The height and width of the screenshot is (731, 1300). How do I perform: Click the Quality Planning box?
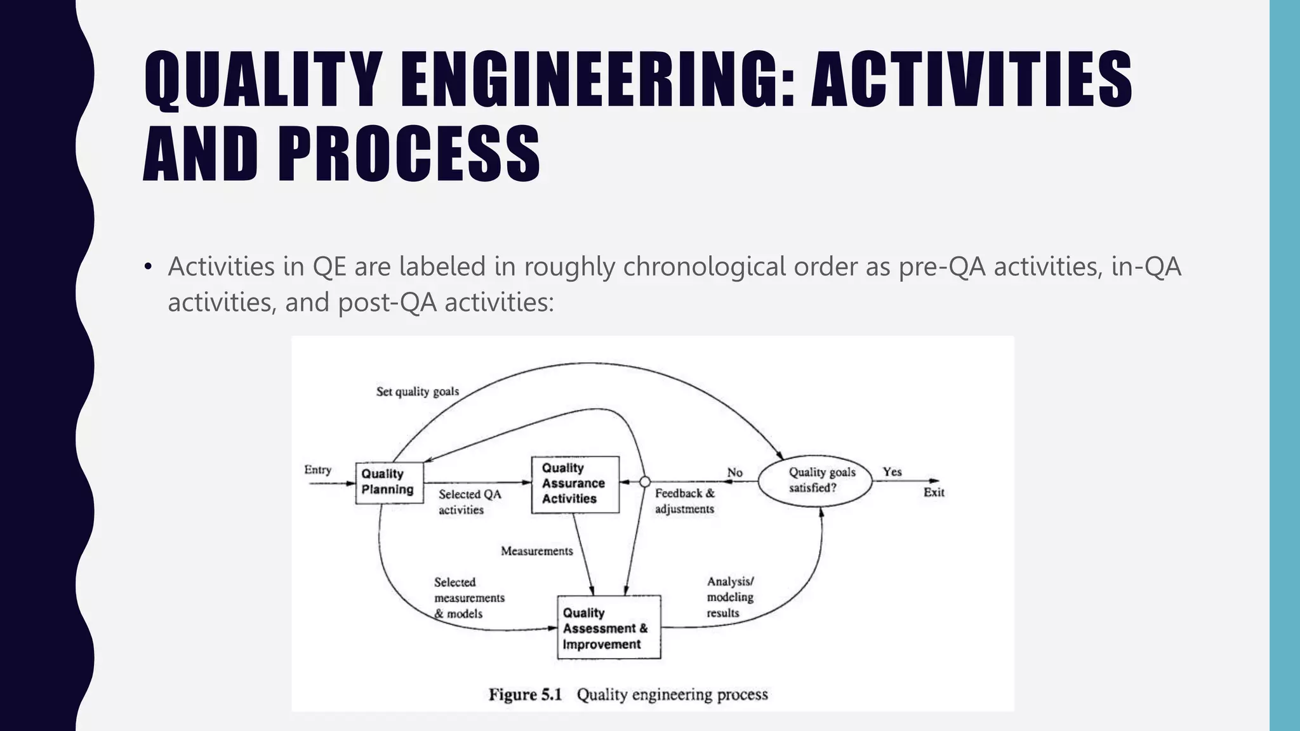(x=389, y=482)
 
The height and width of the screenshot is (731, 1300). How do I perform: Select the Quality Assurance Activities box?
(x=575, y=484)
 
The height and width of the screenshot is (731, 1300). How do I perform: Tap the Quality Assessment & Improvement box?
(x=609, y=628)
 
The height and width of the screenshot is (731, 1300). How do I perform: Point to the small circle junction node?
(x=644, y=482)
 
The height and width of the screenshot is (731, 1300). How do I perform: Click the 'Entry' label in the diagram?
(x=317, y=470)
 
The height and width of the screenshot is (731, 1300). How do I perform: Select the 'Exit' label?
(x=933, y=492)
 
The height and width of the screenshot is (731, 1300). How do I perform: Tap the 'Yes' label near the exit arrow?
(x=892, y=471)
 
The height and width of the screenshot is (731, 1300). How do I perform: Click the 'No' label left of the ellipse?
(x=734, y=472)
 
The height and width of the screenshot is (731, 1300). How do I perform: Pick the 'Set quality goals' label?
(x=417, y=392)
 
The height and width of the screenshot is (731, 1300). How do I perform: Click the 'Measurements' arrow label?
(x=536, y=551)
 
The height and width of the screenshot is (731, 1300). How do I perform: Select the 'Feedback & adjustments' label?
(x=684, y=501)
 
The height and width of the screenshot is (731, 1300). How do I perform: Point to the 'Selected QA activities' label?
(x=469, y=502)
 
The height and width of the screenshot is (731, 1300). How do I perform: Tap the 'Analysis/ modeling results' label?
(x=730, y=597)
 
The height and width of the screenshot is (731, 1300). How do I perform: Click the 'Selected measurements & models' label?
(x=468, y=598)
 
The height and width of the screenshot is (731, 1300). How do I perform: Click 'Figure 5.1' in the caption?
(x=525, y=694)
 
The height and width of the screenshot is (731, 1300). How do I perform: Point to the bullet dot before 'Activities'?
(x=148, y=267)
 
